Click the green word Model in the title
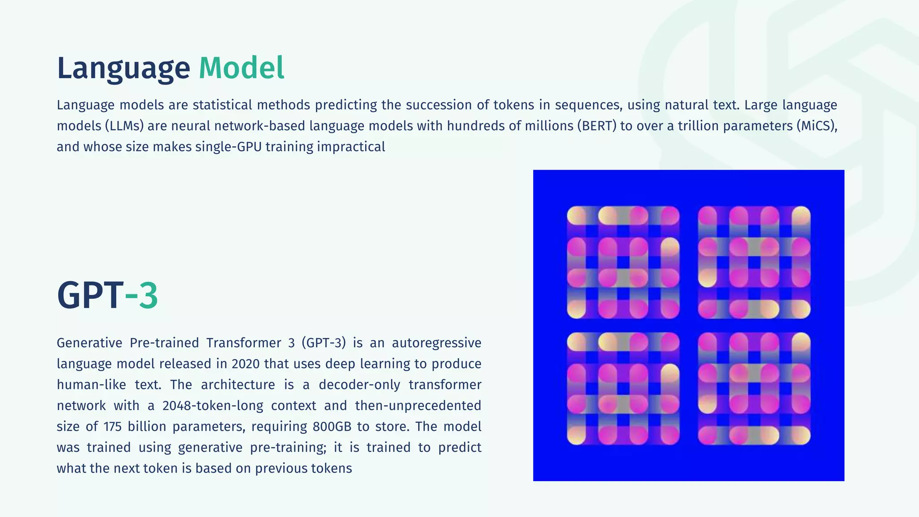pos(241,68)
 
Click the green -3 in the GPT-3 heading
pos(141,295)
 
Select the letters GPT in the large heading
pos(90,295)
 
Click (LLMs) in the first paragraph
pos(124,126)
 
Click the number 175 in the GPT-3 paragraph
pos(113,427)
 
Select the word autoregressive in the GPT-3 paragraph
pos(436,343)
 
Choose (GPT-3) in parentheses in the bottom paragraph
pos(324,343)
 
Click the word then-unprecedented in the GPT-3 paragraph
pos(418,406)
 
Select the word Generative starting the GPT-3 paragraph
pos(89,343)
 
